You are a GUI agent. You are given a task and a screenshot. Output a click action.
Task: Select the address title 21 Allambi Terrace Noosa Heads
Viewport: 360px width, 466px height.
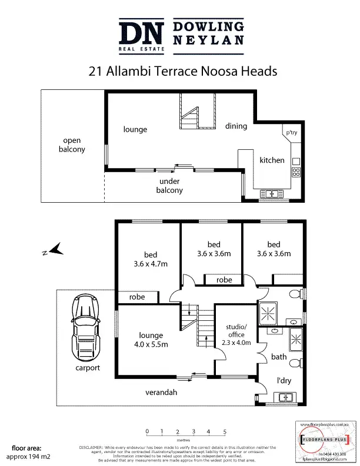(x=180, y=72)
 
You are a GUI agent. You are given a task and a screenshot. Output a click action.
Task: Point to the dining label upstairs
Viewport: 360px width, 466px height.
(x=236, y=126)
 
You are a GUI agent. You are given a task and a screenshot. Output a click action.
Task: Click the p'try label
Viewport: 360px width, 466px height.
(x=291, y=133)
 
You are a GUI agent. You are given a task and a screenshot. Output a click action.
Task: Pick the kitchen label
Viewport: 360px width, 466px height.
(x=272, y=160)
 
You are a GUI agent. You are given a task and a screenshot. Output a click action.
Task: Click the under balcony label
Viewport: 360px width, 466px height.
(x=169, y=186)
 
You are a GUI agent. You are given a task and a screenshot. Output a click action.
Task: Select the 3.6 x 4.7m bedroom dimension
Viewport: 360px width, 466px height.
(x=151, y=264)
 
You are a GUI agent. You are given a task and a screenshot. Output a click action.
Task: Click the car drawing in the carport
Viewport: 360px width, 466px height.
(x=84, y=326)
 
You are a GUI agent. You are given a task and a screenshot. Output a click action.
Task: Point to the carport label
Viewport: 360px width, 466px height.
(x=88, y=368)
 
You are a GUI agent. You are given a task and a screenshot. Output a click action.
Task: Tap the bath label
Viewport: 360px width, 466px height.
(x=279, y=357)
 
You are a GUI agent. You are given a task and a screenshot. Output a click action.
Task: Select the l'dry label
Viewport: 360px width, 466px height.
(x=284, y=380)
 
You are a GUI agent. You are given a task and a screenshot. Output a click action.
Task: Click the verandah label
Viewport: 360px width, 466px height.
(x=162, y=392)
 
